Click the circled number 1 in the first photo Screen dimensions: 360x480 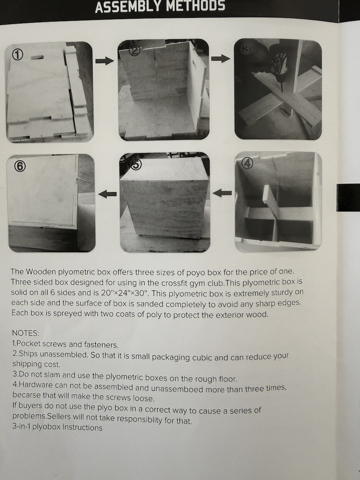tap(18, 55)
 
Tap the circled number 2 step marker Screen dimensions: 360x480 tap(135, 51)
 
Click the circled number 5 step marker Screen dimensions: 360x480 tap(136, 164)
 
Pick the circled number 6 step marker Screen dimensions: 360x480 tap(20, 167)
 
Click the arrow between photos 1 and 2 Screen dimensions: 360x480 tap(105, 61)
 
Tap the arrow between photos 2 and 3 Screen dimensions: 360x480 tap(221, 58)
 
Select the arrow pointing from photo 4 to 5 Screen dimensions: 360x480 tap(222, 193)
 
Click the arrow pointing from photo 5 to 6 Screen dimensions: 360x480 tap(107, 194)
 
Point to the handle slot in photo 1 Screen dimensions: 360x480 tap(37, 58)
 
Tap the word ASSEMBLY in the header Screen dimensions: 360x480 tap(129, 6)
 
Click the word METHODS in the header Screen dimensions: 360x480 tap(196, 6)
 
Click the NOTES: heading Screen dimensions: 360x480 tap(26, 333)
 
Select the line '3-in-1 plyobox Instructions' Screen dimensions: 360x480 tap(58, 427)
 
